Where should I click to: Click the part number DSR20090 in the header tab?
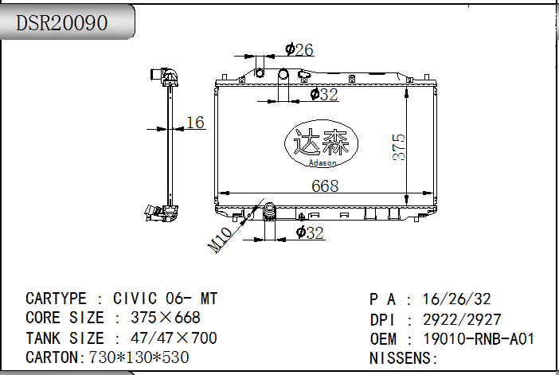(61, 23)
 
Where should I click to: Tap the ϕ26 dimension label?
(299, 49)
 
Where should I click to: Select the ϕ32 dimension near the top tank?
(324, 95)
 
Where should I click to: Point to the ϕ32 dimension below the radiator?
(310, 232)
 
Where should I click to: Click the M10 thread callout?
(220, 240)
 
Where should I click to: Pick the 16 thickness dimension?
(195, 123)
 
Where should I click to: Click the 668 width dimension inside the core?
(325, 186)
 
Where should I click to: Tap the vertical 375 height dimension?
(399, 146)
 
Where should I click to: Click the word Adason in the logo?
(322, 163)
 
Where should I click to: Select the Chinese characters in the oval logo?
(321, 142)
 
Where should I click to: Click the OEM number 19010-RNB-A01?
(479, 338)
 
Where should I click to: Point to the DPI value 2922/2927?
(462, 319)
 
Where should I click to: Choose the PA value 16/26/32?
(457, 299)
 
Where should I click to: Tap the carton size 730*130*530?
(139, 357)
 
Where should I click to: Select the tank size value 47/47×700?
(174, 338)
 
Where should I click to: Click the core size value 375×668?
(166, 318)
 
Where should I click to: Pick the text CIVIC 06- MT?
(165, 299)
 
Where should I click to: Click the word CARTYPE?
(56, 299)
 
